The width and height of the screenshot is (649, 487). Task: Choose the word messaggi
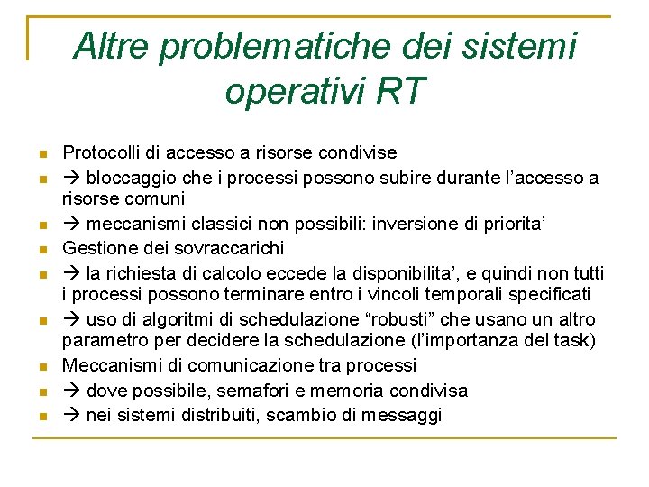407,416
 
